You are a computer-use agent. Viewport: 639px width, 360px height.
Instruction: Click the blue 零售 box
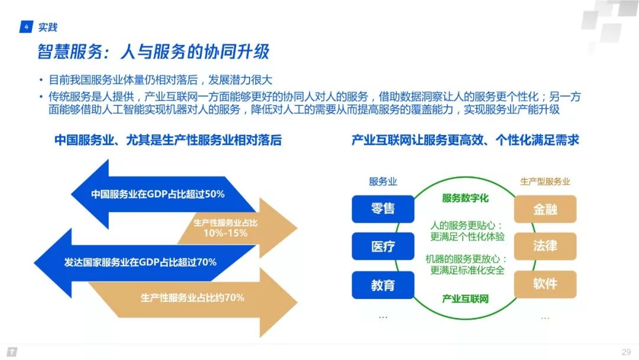point(382,209)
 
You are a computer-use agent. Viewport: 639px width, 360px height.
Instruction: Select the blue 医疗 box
point(382,246)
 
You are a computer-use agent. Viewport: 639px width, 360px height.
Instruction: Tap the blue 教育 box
point(382,285)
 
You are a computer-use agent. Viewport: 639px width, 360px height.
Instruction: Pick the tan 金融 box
point(544,209)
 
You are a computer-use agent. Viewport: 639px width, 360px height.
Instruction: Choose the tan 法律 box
point(544,246)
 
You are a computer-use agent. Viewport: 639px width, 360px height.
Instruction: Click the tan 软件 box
point(544,284)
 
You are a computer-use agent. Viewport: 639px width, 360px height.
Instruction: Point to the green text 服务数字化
point(465,198)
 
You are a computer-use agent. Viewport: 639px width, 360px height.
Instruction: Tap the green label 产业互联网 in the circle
point(465,298)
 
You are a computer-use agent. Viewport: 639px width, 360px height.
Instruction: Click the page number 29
point(626,352)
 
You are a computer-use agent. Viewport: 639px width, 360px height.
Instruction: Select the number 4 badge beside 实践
point(26,27)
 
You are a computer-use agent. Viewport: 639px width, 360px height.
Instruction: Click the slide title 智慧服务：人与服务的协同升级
point(153,52)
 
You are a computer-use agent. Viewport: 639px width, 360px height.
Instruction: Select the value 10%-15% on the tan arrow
point(225,233)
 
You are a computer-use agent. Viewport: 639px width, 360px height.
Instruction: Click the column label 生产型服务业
point(545,182)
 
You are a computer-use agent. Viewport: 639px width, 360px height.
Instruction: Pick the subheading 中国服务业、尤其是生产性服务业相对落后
point(168,140)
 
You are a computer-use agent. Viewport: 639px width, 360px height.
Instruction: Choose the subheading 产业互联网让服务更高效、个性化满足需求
point(465,140)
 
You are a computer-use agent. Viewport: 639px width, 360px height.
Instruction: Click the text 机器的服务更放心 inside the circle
point(465,259)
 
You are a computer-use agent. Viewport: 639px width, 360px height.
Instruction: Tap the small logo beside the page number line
point(12,352)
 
